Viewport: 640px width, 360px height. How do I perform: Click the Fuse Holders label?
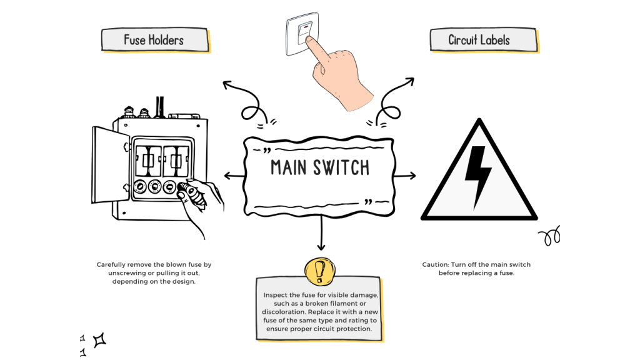[154, 40]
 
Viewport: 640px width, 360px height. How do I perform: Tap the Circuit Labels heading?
[479, 40]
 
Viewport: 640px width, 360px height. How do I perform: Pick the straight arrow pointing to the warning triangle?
[405, 176]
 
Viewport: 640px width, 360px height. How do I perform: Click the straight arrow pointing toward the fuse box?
[234, 176]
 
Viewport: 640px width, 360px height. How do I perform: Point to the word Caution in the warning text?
[436, 265]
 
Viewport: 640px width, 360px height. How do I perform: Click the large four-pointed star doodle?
[99, 340]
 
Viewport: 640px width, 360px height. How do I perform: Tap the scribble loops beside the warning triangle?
[549, 237]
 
